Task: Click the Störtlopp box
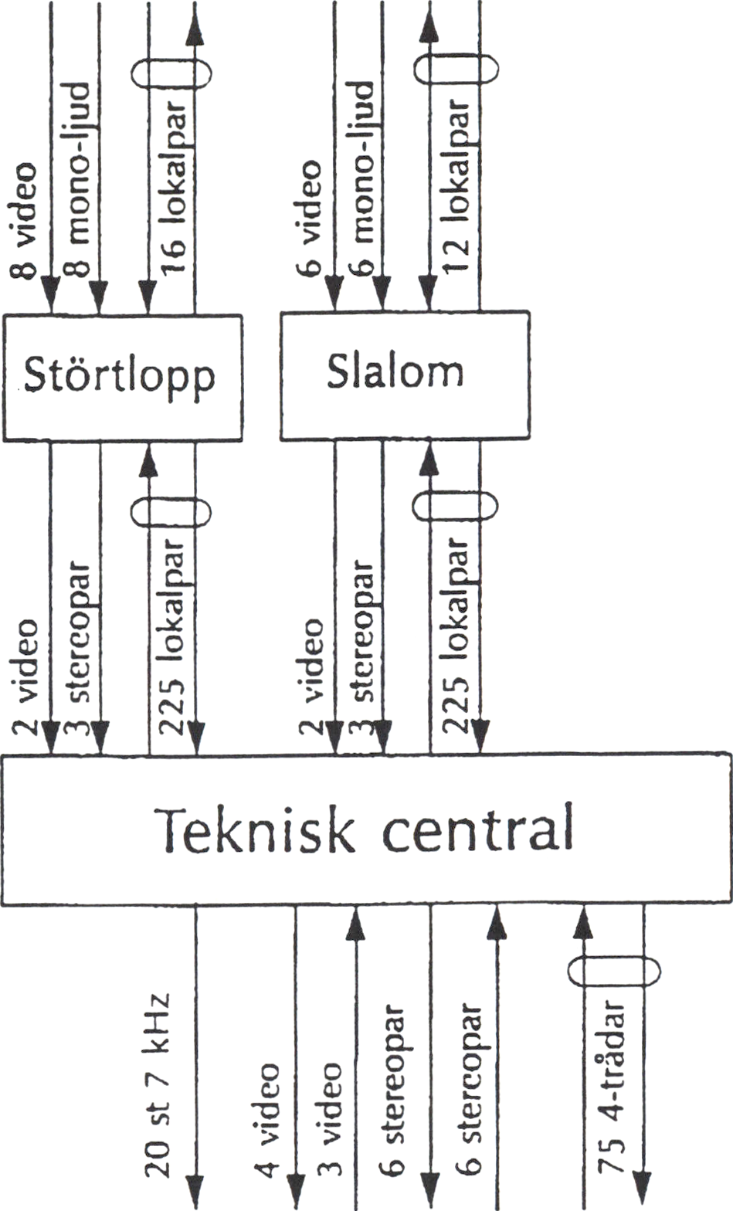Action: tap(122, 377)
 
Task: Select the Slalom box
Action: tap(404, 375)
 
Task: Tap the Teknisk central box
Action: tap(365, 829)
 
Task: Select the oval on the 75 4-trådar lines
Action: tap(614, 971)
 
